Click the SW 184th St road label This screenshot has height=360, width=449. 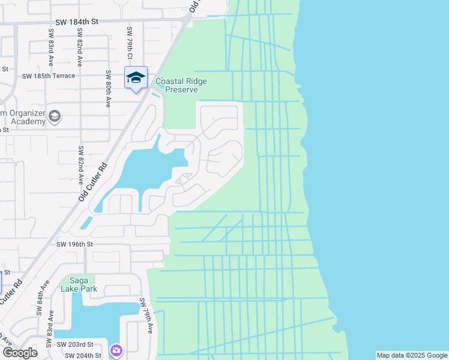[x=76, y=22]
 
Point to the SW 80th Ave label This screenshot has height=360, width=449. [x=108, y=89]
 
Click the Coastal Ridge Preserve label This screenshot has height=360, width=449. [x=176, y=85]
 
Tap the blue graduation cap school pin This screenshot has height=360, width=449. [x=136, y=78]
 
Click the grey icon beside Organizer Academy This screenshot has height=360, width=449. [x=55, y=116]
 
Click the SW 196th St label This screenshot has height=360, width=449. [x=75, y=244]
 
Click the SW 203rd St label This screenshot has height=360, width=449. [x=75, y=344]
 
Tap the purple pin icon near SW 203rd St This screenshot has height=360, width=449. [x=116, y=349]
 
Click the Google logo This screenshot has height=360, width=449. [x=19, y=352]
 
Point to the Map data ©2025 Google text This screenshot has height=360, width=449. [x=412, y=355]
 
